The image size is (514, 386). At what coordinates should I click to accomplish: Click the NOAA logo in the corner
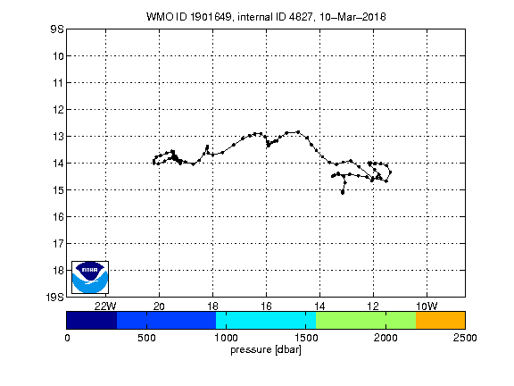(90, 277)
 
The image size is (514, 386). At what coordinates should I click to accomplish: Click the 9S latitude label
(57, 29)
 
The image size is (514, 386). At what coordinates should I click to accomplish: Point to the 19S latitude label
(54, 297)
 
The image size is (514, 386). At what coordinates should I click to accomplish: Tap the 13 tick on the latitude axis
(58, 136)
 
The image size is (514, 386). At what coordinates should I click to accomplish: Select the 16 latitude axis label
(58, 216)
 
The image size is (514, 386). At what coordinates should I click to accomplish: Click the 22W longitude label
(105, 306)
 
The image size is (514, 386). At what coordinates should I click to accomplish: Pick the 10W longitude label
(427, 306)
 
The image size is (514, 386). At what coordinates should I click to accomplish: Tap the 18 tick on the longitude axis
(212, 306)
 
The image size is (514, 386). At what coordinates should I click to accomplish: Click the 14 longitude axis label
(319, 306)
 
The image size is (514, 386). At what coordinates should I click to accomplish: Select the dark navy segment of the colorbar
(91, 320)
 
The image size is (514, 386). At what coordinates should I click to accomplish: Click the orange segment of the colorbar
(440, 320)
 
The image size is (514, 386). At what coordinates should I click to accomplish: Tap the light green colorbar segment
(366, 320)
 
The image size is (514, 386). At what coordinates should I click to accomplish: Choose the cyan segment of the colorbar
(266, 320)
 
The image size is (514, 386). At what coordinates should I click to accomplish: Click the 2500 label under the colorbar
(465, 338)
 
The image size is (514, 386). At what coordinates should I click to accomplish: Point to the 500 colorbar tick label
(146, 338)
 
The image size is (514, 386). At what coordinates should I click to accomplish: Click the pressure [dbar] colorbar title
(266, 350)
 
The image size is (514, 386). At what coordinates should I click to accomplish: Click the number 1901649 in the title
(211, 17)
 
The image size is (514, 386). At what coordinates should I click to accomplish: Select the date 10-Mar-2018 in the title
(352, 17)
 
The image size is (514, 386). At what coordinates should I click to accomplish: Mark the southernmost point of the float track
(343, 193)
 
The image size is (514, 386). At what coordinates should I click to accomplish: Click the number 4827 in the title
(301, 17)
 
